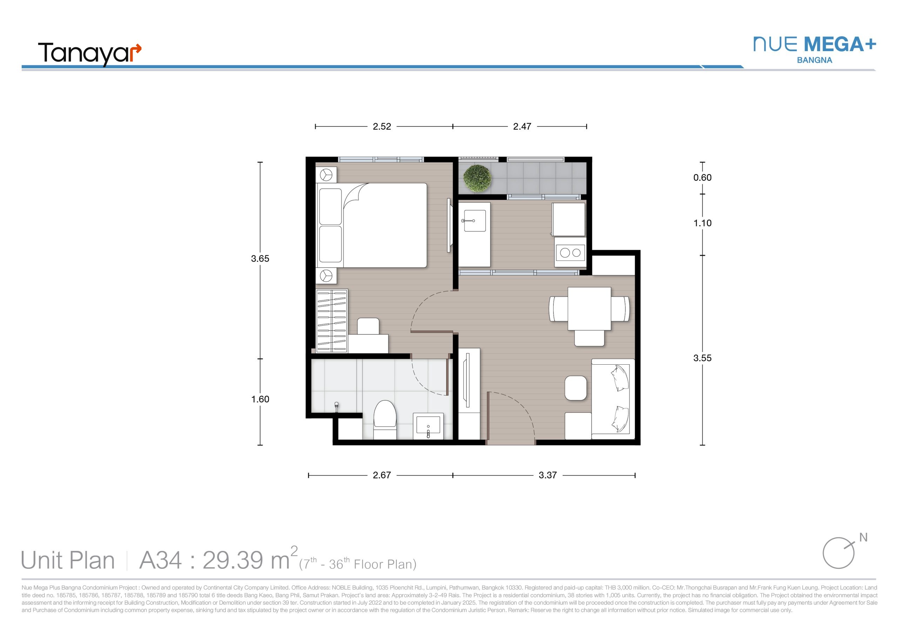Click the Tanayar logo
pyautogui.click(x=89, y=54)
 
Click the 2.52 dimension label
pyautogui.click(x=382, y=126)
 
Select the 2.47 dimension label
pyautogui.click(x=522, y=126)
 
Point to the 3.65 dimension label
pyautogui.click(x=260, y=259)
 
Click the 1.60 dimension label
pyautogui.click(x=260, y=399)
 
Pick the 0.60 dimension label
pyautogui.click(x=703, y=178)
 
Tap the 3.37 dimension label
pyautogui.click(x=548, y=475)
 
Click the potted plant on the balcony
pyautogui.click(x=477, y=178)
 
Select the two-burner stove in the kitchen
pyautogui.click(x=570, y=252)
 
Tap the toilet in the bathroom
pyautogui.click(x=385, y=419)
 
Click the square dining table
pyautogui.click(x=589, y=309)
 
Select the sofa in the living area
pyautogui.click(x=612, y=399)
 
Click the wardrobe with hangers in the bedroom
pyautogui.click(x=332, y=321)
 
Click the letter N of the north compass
pyautogui.click(x=863, y=538)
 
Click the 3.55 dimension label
pyautogui.click(x=703, y=358)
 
